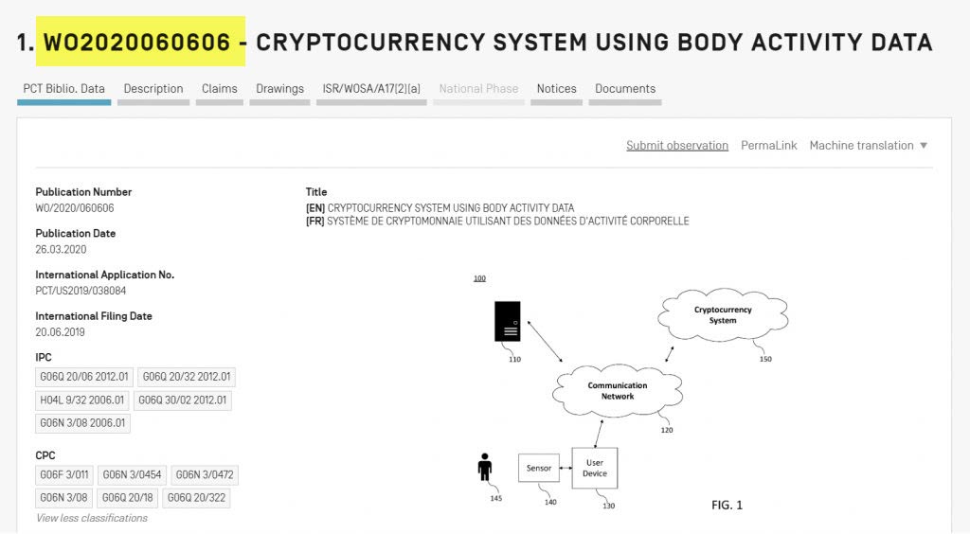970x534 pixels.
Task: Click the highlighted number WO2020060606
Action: pos(140,42)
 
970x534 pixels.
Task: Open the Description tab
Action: pos(153,89)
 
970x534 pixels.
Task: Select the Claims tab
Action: pos(220,89)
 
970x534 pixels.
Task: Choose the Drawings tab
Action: pos(279,89)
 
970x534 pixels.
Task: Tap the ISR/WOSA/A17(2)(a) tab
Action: pos(371,89)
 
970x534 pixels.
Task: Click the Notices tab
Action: pos(557,89)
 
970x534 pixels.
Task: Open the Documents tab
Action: pos(625,89)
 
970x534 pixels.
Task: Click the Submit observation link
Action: pos(677,146)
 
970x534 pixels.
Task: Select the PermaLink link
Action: pos(769,146)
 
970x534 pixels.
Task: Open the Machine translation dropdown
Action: pos(869,146)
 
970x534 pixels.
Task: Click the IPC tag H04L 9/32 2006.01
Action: pos(82,400)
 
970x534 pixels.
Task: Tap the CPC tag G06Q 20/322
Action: pos(198,498)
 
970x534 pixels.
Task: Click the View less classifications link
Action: pos(92,519)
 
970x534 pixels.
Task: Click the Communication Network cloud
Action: pos(618,391)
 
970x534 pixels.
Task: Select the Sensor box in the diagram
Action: pos(538,468)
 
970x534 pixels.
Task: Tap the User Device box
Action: pos(595,468)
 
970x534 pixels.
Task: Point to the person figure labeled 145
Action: pos(485,468)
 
